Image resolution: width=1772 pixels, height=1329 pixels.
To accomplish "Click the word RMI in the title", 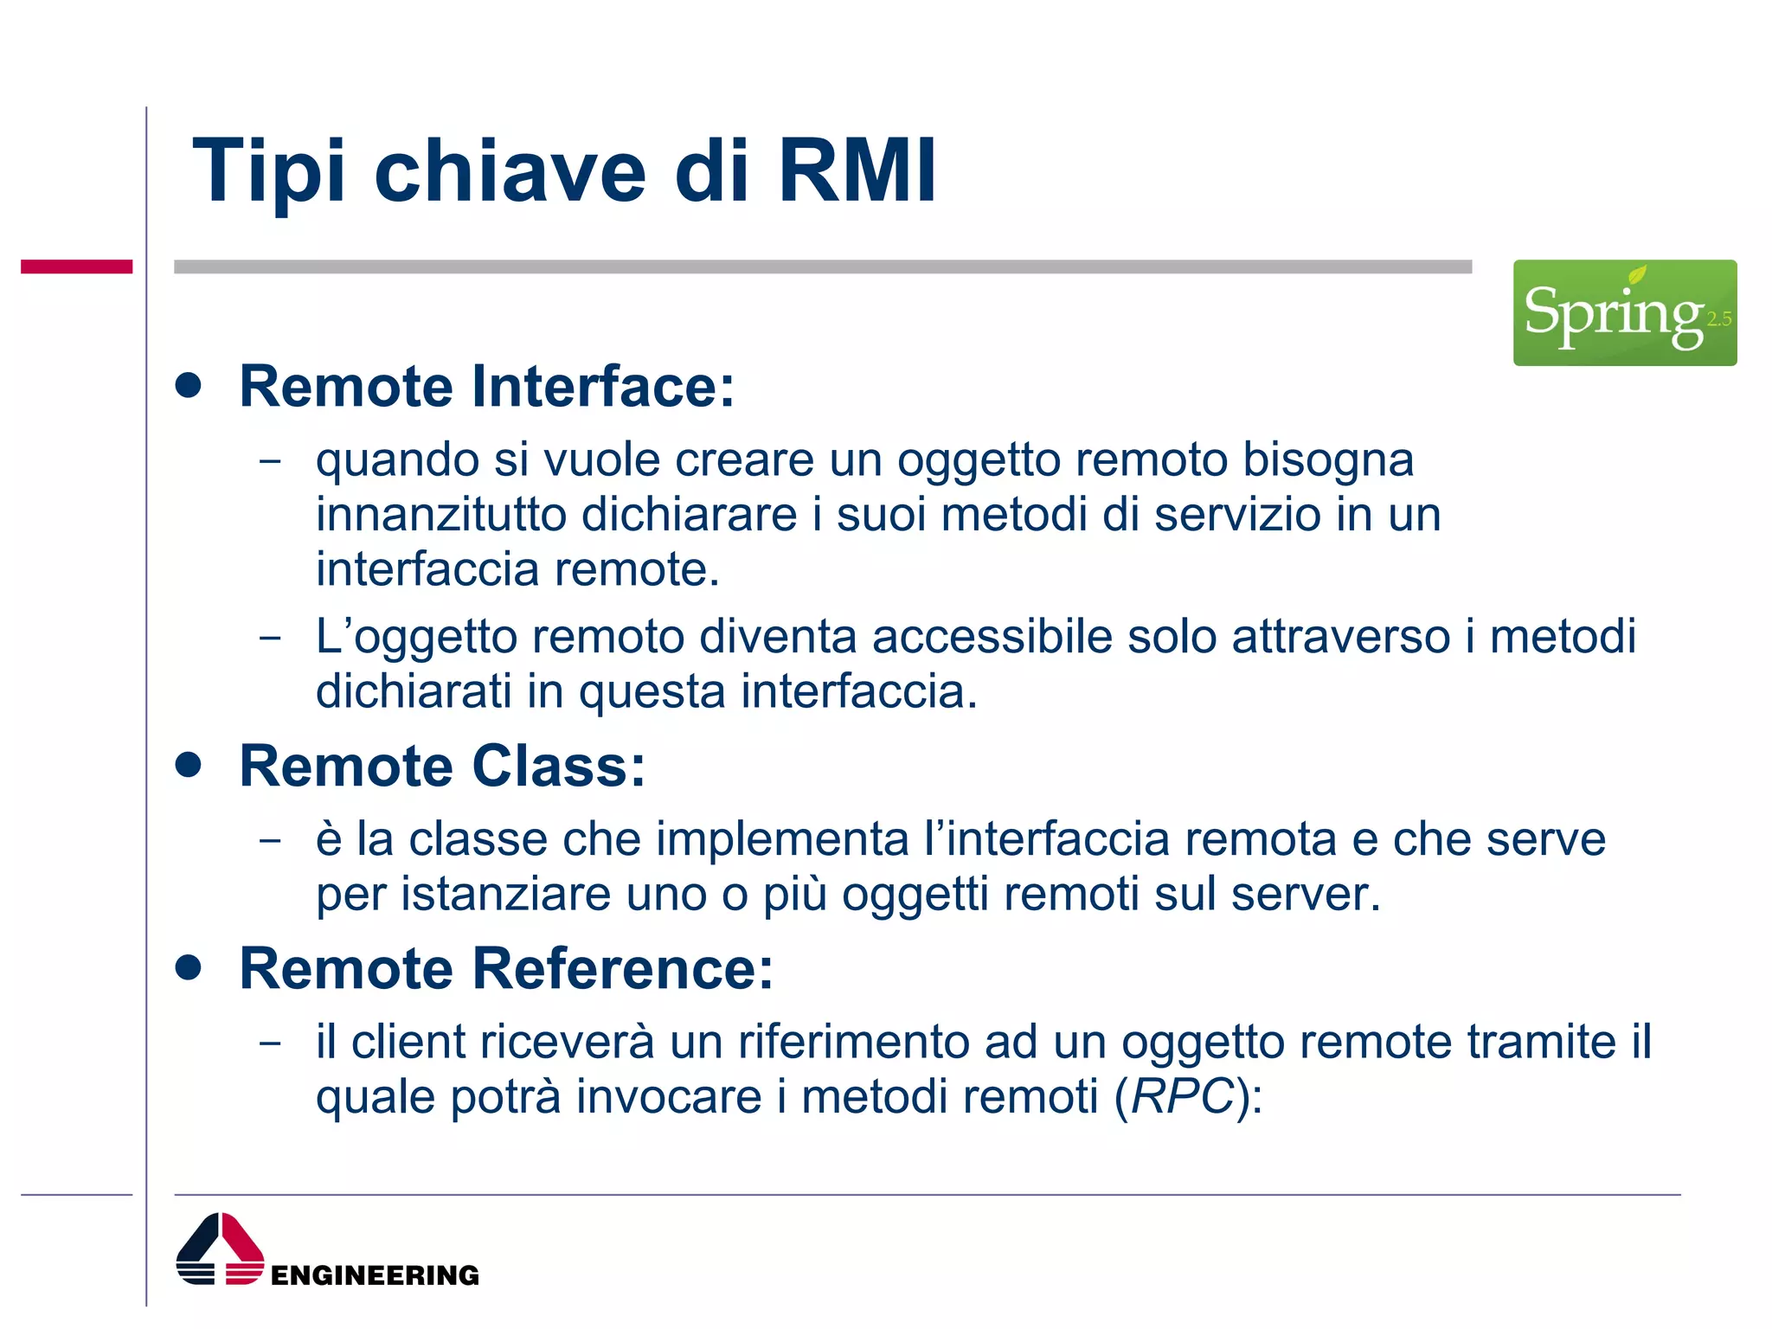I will coord(857,171).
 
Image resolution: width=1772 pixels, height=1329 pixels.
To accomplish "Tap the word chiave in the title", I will coord(510,171).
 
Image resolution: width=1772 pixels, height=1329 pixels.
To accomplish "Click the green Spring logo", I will coord(1624,312).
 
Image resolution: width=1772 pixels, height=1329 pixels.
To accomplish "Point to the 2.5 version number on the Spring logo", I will coord(1718,319).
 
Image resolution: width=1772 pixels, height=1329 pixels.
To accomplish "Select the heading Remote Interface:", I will coord(486,386).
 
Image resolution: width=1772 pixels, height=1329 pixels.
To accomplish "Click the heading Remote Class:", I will coord(442,767).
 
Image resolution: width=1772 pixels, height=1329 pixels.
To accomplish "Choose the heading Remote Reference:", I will coord(506,968).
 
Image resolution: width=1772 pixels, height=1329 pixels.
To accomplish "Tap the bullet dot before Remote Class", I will coord(188,765).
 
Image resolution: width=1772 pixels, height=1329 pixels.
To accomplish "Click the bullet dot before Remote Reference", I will coord(188,966).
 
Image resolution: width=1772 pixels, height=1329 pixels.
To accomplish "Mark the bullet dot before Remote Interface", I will coord(188,384).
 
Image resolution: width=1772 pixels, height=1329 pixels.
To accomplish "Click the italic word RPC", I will coord(1182,1096).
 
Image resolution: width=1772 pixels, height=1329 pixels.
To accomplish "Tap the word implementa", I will coord(782,839).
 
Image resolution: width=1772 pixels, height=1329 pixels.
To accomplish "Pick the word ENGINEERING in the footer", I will coord(375,1275).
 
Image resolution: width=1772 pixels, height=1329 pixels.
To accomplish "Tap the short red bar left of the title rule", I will coord(76,266).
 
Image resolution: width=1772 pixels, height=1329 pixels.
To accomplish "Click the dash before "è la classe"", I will coord(271,840).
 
